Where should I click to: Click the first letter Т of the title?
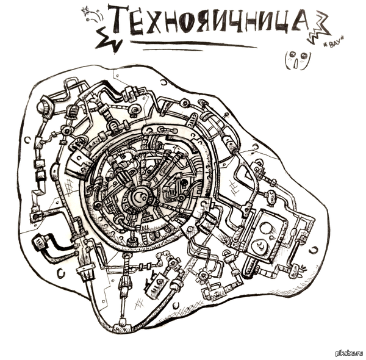[x=120, y=20]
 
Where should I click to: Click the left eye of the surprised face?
[x=292, y=55]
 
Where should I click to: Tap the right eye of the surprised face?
[x=303, y=56]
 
